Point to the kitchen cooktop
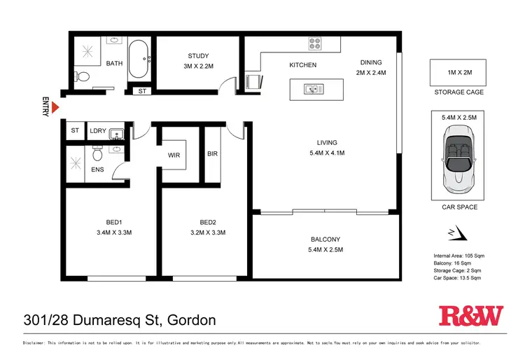pos(315,43)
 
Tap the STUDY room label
pos(198,57)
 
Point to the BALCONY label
pos(325,240)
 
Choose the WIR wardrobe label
pos(174,156)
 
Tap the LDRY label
pos(97,131)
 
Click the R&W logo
pos(470,317)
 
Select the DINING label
pos(370,62)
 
